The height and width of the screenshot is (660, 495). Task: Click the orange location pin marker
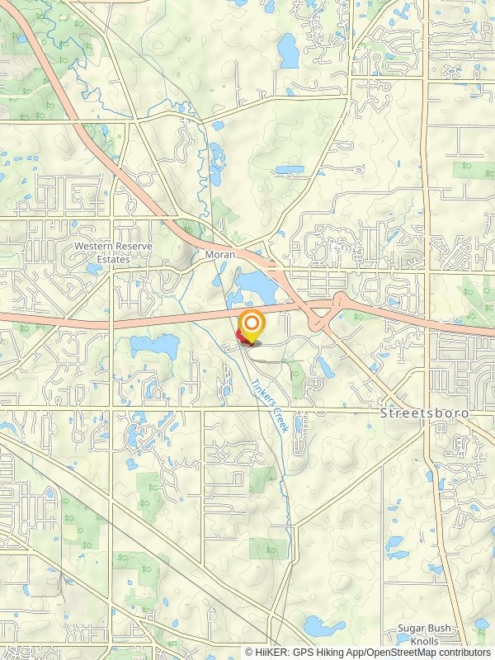pyautogui.click(x=251, y=323)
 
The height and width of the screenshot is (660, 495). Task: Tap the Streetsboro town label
pyautogui.click(x=424, y=412)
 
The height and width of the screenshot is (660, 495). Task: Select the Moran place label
pyautogui.click(x=220, y=255)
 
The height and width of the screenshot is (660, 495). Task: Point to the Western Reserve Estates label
pyautogui.click(x=102, y=252)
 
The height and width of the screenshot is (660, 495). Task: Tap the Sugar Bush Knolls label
pyautogui.click(x=424, y=634)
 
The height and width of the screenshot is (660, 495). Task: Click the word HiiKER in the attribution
pyautogui.click(x=273, y=652)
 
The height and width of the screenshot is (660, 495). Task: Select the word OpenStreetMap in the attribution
pyautogui.click(x=399, y=652)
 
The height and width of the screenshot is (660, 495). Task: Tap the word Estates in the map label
pyautogui.click(x=102, y=259)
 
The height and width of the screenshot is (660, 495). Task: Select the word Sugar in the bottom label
pyautogui.click(x=410, y=629)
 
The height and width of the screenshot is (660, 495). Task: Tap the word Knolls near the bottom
pyautogui.click(x=425, y=640)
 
